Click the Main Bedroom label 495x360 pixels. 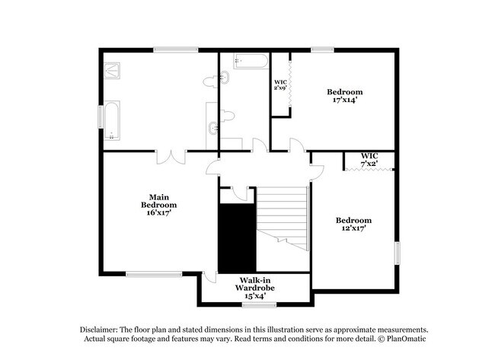(158, 200)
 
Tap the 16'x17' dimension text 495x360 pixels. (158, 213)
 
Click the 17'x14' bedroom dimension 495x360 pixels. (344, 100)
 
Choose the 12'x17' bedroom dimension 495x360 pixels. (353, 229)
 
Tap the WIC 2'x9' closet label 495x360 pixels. (280, 84)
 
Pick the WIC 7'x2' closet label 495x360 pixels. (369, 160)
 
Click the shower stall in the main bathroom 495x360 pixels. (114, 71)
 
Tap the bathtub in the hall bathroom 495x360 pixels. (251, 62)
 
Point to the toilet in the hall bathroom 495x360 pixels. (226, 116)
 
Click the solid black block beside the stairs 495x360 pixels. (237, 237)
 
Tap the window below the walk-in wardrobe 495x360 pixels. (259, 305)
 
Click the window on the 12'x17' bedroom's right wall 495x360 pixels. (396, 252)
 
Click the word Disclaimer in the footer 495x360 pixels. (99, 328)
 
